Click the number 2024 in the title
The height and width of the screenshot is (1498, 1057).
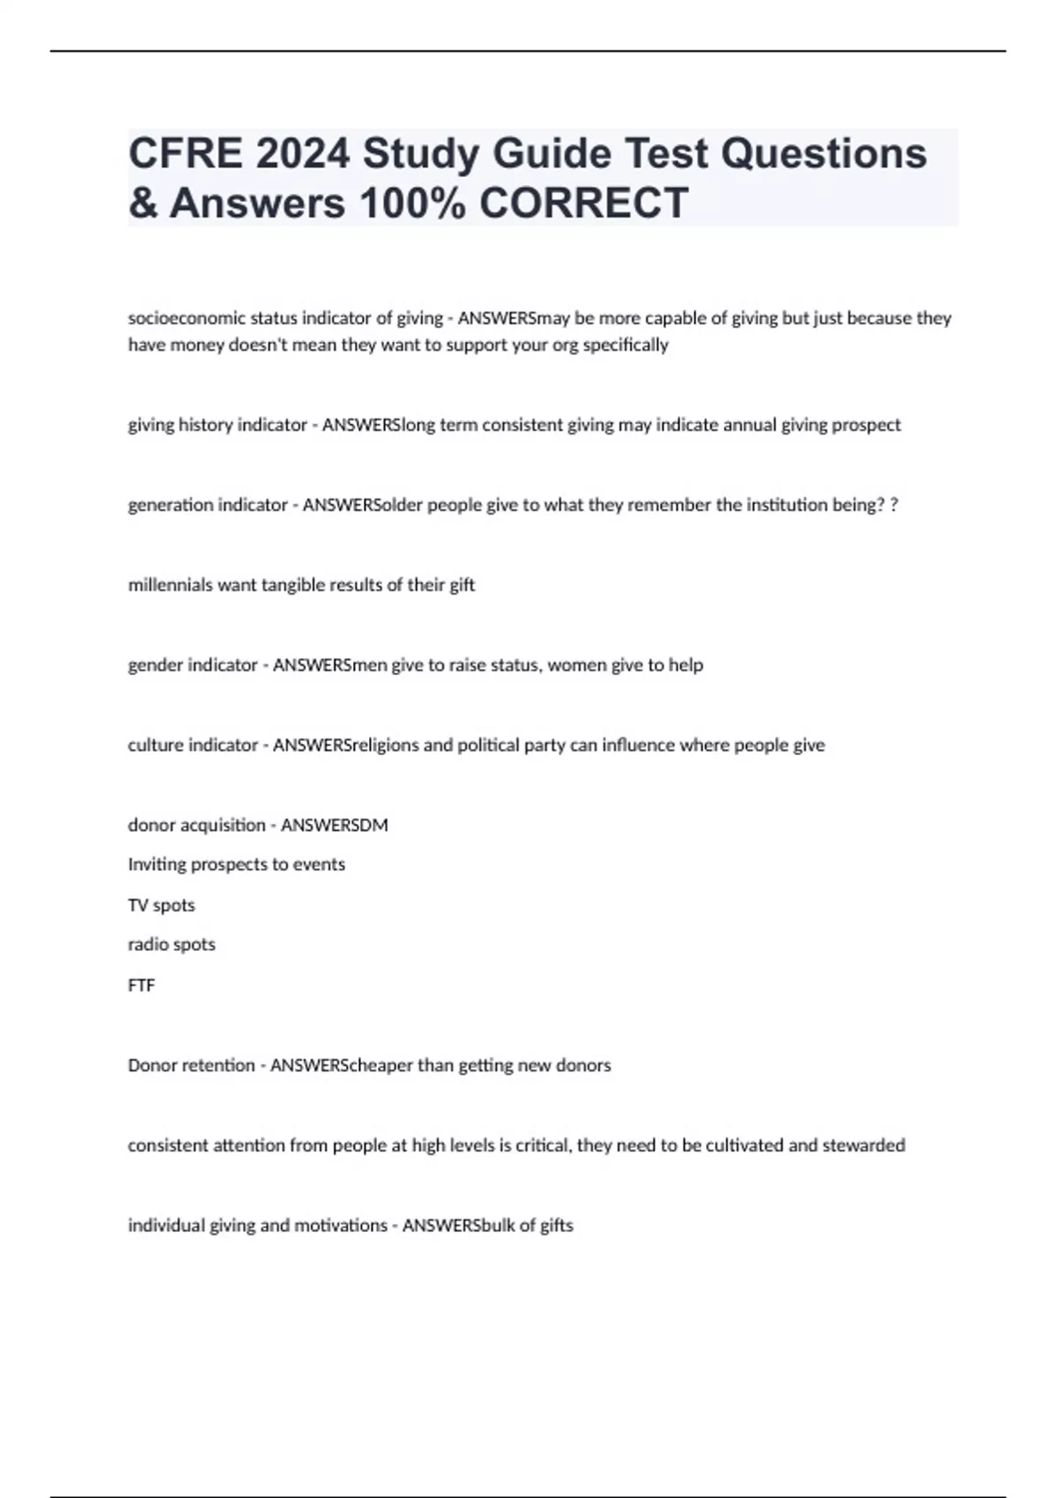[302, 153]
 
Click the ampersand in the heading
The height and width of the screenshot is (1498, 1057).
[143, 203]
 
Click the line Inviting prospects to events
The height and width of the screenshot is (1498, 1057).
[236, 864]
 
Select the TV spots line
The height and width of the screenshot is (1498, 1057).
[161, 905]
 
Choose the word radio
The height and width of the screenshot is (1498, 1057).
[146, 945]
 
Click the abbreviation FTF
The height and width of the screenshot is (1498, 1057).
[141, 985]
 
